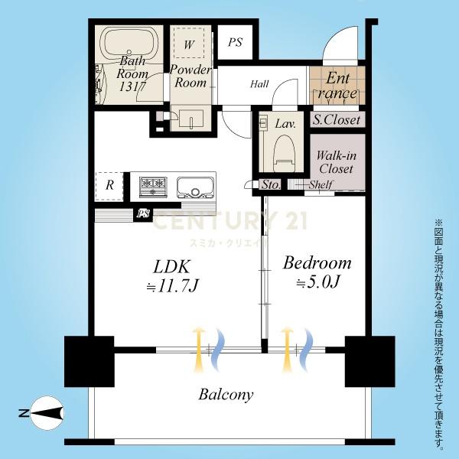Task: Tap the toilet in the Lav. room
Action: pyautogui.click(x=284, y=152)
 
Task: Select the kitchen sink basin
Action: pyautogui.click(x=194, y=188)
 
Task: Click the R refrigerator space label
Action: pyautogui.click(x=109, y=185)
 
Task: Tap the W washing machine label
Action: pyautogui.click(x=189, y=45)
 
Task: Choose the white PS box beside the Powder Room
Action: pyautogui.click(x=236, y=42)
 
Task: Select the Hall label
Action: pyautogui.click(x=259, y=84)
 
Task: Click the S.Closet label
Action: pyautogui.click(x=337, y=120)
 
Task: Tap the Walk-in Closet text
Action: pyautogui.click(x=337, y=162)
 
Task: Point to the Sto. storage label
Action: pyautogui.click(x=271, y=184)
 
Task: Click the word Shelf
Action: pyautogui.click(x=321, y=184)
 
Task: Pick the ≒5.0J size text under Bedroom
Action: pyautogui.click(x=318, y=282)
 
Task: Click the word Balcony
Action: pyautogui.click(x=226, y=395)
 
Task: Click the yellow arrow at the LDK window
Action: pyautogui.click(x=199, y=350)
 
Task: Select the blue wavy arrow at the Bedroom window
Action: pyautogui.click(x=307, y=350)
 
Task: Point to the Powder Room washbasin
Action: pyautogui.click(x=191, y=119)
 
